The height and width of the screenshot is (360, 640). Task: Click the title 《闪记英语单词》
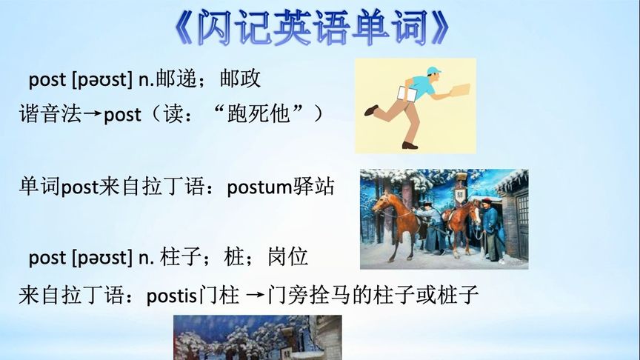(313, 27)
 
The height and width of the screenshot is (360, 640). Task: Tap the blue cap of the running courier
(434, 70)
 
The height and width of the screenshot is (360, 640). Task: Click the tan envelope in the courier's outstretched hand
(459, 90)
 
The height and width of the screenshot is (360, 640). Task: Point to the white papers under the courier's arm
(407, 94)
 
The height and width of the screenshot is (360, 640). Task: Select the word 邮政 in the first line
(240, 79)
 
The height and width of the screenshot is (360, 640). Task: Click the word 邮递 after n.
(176, 79)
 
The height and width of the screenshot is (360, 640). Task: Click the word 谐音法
(50, 114)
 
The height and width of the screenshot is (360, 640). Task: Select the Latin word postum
(259, 187)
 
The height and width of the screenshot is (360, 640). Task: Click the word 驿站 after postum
(313, 187)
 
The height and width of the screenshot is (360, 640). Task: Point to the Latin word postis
(171, 296)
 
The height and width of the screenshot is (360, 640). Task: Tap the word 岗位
(287, 257)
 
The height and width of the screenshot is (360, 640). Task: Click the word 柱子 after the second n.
(181, 257)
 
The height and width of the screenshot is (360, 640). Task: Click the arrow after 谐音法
(93, 114)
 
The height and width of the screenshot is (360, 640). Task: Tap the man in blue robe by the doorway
(490, 230)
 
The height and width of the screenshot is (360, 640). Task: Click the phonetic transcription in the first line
(102, 79)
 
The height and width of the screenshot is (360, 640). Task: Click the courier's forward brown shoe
(410, 145)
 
